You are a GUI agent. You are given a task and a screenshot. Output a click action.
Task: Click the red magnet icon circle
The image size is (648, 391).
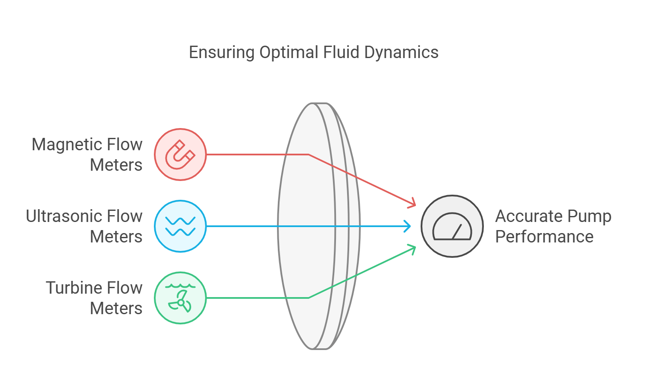click(x=180, y=154)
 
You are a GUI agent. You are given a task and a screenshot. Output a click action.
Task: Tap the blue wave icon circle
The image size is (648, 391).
click(x=180, y=226)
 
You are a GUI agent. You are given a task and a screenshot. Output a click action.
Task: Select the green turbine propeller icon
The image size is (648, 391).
click(x=180, y=298)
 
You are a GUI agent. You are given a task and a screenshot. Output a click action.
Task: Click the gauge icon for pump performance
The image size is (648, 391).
click(x=452, y=226)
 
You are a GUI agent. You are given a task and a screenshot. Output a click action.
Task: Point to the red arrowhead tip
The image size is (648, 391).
click(x=415, y=207)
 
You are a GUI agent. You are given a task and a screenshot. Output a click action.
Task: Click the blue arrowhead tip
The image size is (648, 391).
click(x=411, y=226)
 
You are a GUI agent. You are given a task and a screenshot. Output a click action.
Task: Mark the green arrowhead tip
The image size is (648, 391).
click(x=415, y=246)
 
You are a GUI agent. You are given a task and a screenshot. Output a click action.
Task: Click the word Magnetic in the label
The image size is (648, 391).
click(x=67, y=145)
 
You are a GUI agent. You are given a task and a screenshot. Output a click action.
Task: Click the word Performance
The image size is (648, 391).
click(x=544, y=237)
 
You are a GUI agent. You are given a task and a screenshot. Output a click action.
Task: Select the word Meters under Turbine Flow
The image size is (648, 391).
click(x=116, y=308)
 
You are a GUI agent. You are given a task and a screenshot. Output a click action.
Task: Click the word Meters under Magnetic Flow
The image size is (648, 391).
click(x=116, y=165)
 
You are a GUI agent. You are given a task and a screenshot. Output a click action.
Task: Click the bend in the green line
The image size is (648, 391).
click(x=308, y=298)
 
